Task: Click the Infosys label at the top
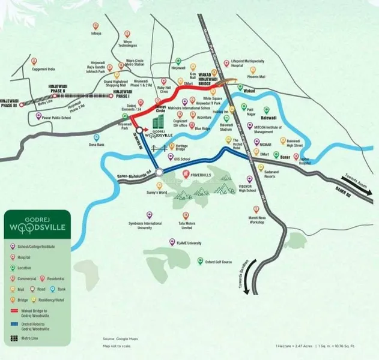[96, 34]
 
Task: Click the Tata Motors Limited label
[186, 224]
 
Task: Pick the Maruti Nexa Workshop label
[258, 220]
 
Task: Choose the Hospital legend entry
[28, 256]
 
